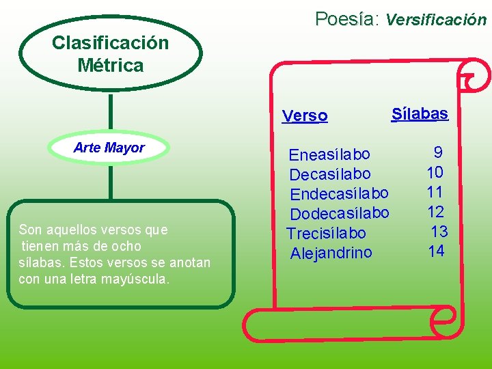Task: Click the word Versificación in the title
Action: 436,20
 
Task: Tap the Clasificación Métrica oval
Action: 110,54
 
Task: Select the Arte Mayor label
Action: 109,148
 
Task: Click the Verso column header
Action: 305,116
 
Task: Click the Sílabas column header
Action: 420,113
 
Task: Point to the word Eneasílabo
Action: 329,154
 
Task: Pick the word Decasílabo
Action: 330,174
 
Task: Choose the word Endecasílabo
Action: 340,193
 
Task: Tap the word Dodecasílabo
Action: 340,213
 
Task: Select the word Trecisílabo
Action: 326,233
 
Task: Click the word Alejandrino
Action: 331,254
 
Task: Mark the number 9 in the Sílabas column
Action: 438,152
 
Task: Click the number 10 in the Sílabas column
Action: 435,172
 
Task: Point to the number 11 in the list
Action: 435,192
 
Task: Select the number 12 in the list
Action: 435,212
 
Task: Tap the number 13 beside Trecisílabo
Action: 439,231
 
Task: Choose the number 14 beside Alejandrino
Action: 436,251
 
